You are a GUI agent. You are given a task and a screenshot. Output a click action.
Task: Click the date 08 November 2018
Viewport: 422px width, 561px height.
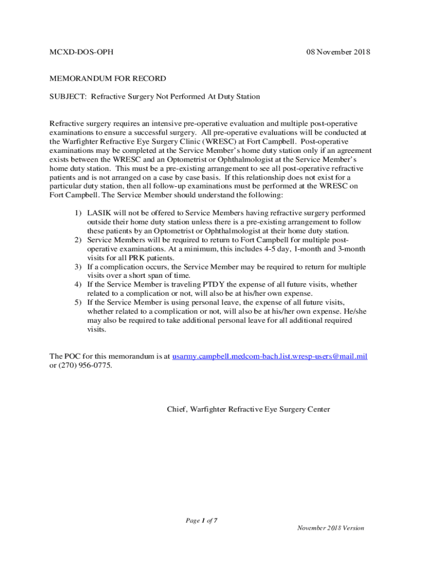[x=338, y=53]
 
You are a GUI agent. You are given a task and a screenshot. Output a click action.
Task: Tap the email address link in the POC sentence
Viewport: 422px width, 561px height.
[x=270, y=356]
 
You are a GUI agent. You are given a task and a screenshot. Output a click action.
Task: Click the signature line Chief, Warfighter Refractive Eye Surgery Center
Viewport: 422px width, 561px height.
[x=248, y=409]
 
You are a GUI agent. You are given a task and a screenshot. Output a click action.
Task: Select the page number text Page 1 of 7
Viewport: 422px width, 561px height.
[x=202, y=520]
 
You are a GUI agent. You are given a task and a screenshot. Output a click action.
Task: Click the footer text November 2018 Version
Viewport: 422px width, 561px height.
[x=330, y=528]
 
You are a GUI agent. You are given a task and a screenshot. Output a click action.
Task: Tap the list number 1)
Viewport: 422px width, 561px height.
[x=79, y=213]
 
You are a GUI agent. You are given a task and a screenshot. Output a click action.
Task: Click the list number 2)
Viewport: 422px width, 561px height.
[x=79, y=240]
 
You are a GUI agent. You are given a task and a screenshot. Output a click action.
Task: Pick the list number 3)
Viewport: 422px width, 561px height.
[x=79, y=267]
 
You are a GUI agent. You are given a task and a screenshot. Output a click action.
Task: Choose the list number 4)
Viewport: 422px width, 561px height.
[x=79, y=284]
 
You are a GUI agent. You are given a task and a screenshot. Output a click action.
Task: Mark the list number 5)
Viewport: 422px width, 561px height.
[x=79, y=302]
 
